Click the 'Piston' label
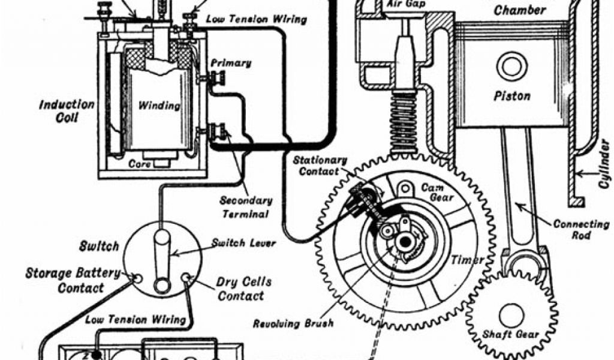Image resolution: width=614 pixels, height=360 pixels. (511, 96)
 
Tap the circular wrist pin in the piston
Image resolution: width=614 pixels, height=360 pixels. (511, 66)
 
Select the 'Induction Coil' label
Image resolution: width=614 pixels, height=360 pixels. (67, 111)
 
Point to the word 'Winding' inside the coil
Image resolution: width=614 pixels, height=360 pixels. (159, 106)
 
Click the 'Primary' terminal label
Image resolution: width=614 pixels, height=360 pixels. (230, 63)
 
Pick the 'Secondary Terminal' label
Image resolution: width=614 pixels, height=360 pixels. (244, 207)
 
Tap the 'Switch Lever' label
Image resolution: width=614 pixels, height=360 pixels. (243, 243)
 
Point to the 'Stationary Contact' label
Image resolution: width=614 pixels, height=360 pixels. (320, 166)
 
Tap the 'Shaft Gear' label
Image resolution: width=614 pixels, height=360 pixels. (510, 334)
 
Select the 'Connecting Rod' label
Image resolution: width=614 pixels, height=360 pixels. (580, 230)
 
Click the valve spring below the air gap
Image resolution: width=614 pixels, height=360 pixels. (403, 123)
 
